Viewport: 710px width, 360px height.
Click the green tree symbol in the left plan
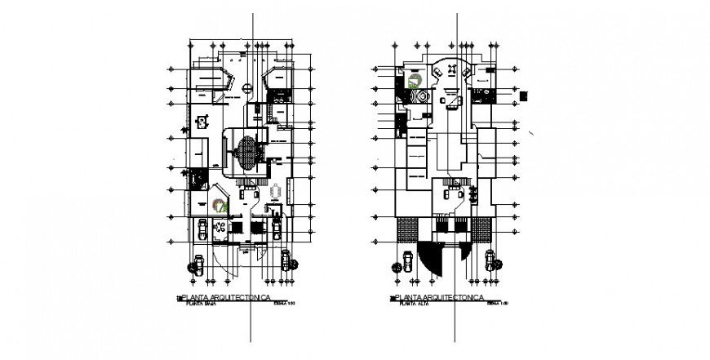tap(218, 206)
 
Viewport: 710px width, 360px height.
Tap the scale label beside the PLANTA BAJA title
tap(285, 304)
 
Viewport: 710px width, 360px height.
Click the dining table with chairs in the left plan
tap(277, 193)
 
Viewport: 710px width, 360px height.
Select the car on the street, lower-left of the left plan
tap(197, 263)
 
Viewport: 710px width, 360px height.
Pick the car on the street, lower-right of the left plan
tap(286, 260)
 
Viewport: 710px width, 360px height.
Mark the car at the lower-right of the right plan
tap(490, 260)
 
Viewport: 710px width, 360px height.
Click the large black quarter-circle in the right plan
tap(428, 256)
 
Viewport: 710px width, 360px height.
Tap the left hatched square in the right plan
tap(406, 229)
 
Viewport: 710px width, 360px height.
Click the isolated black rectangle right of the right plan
tap(523, 96)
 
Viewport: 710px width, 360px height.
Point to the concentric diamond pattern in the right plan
tap(421, 96)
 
